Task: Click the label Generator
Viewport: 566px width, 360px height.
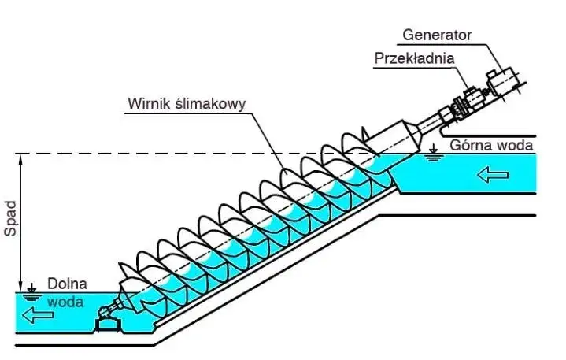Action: point(436,35)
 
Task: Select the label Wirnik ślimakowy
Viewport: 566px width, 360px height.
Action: point(187,103)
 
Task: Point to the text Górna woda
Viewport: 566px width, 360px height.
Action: point(492,145)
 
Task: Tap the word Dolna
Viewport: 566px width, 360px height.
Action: point(66,284)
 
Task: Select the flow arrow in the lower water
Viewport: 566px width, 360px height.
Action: point(39,315)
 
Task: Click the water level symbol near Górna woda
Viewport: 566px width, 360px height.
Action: point(432,152)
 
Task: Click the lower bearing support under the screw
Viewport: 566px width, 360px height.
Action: point(106,318)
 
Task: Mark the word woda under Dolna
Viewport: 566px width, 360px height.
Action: point(64,301)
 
